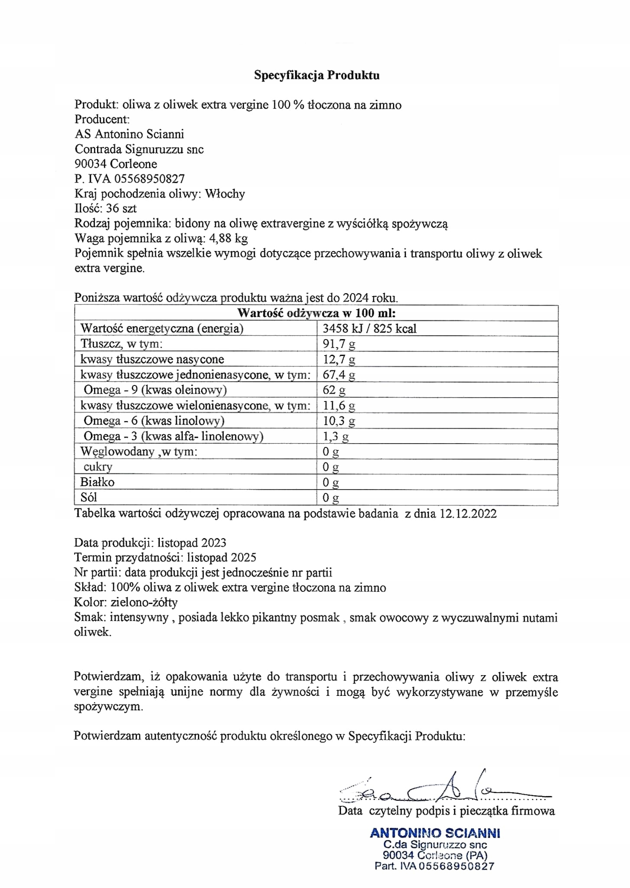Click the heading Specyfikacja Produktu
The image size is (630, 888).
tap(316, 75)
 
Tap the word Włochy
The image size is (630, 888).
tap(225, 193)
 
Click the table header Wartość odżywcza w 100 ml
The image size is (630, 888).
tap(316, 313)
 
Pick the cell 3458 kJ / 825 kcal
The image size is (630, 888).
tap(370, 329)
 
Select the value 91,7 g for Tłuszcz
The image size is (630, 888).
tap(339, 344)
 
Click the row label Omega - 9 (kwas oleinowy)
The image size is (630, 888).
tap(155, 390)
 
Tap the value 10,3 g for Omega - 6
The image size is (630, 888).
tap(339, 421)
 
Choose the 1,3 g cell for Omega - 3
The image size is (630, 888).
tap(336, 436)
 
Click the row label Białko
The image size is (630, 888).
tap(97, 482)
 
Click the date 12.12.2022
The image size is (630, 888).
tap(468, 514)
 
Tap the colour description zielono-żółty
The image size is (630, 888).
tap(144, 602)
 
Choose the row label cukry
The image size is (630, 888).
tap(98, 467)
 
